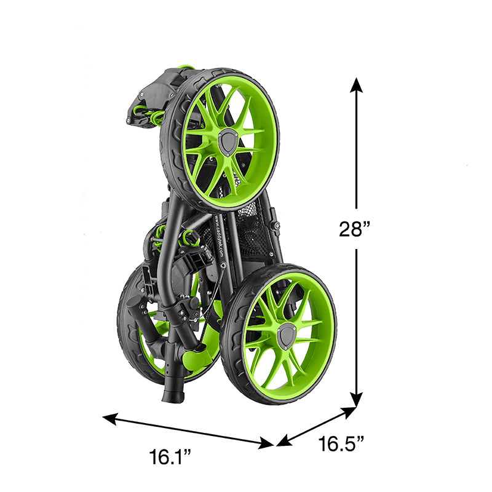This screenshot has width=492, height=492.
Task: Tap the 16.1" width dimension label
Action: (x=170, y=457)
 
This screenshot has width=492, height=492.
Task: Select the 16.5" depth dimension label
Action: (x=341, y=443)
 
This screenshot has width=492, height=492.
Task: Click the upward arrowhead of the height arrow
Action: (x=356, y=85)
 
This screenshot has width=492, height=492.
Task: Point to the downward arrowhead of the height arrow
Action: (x=356, y=399)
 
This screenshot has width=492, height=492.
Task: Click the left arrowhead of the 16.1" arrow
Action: (x=110, y=419)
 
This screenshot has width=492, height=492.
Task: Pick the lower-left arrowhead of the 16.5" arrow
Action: (x=284, y=441)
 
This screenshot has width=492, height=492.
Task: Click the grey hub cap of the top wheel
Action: (x=228, y=142)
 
